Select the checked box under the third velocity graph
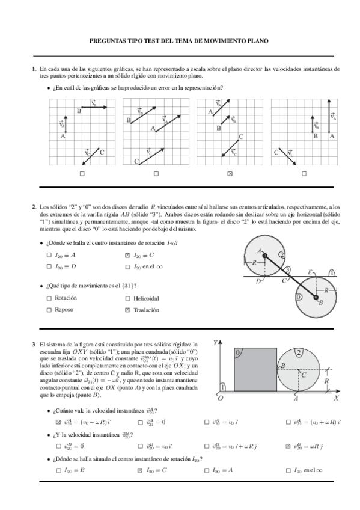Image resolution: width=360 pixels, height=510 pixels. pyautogui.click(x=230, y=174)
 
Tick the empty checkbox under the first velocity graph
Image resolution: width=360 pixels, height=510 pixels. pyautogui.click(x=82, y=174)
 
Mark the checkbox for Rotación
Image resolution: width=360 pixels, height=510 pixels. pyautogui.click(x=49, y=298)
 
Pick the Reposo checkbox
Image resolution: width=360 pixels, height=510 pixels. pyautogui.click(x=49, y=310)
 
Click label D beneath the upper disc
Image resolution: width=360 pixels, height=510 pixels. pyautogui.click(x=258, y=281)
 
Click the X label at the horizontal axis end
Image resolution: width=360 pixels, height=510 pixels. pyautogui.click(x=337, y=398)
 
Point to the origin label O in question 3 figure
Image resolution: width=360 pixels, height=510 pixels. pyautogui.click(x=220, y=398)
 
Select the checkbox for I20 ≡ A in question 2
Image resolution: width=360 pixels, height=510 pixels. pyautogui.click(x=49, y=255)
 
